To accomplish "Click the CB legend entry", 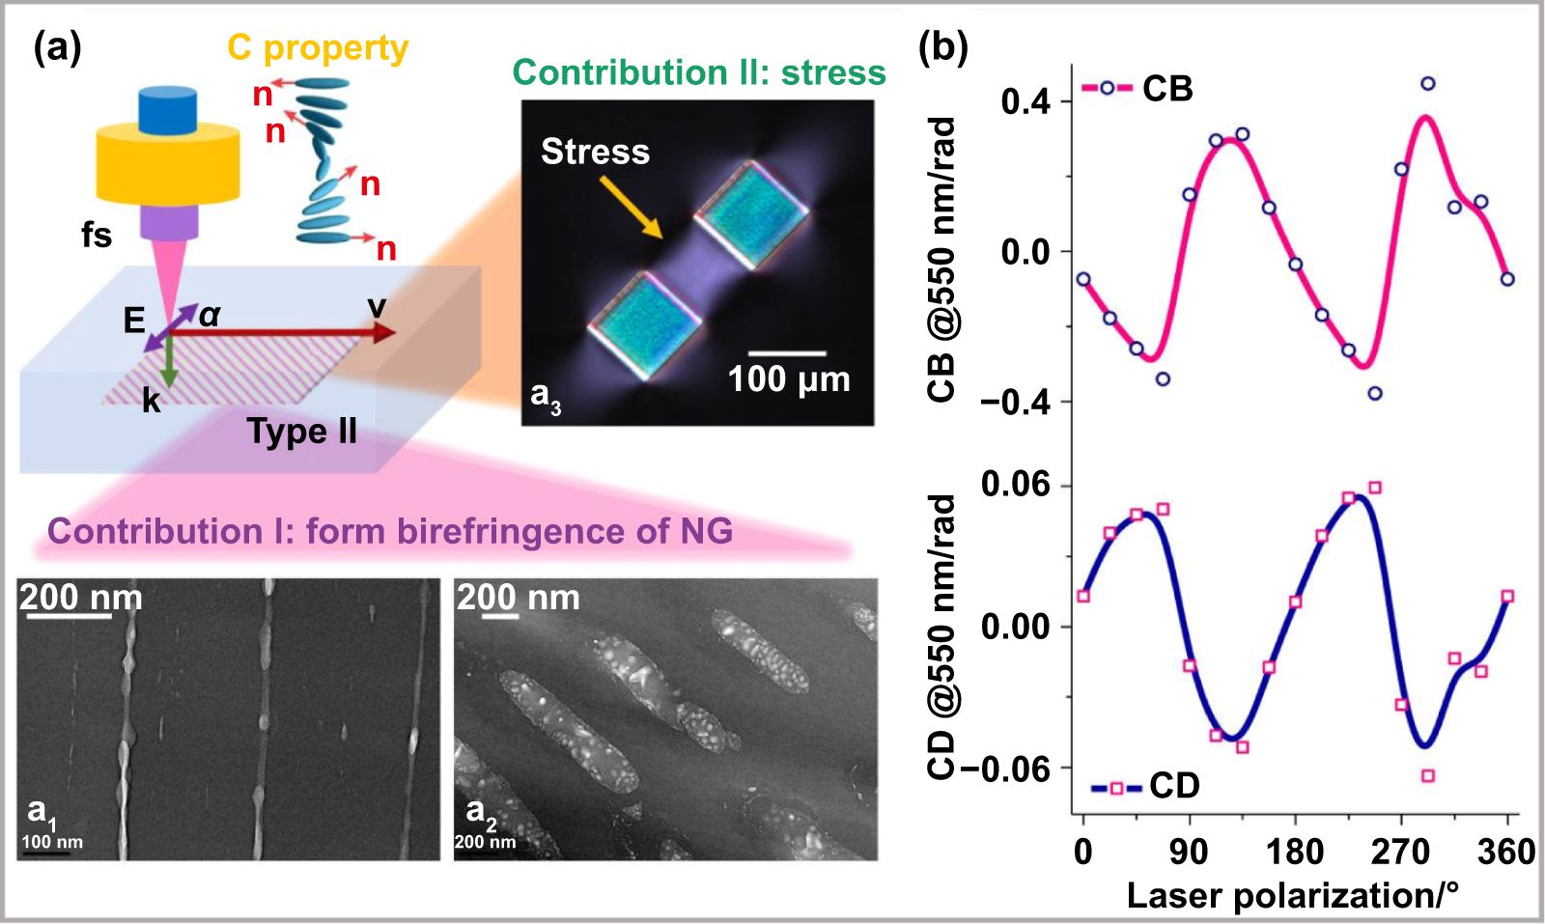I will click(x=1139, y=89).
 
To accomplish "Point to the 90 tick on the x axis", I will click(x=1189, y=852).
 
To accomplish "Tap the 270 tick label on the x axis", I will click(x=1400, y=852).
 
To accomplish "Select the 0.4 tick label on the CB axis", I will click(x=1025, y=100).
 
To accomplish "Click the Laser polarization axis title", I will click(x=1292, y=895).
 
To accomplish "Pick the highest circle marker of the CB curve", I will click(x=1427, y=84).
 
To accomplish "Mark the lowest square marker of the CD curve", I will click(x=1427, y=775).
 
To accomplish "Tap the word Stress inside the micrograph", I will click(x=595, y=152).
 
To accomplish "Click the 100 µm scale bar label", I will click(x=788, y=379).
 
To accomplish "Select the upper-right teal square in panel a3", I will click(x=751, y=214).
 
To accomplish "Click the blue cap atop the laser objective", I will click(x=167, y=109).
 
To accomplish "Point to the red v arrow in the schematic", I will click(x=290, y=332).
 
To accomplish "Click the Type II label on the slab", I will click(x=301, y=431).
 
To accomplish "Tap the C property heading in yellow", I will click(x=318, y=48).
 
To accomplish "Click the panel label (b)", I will click(x=943, y=46).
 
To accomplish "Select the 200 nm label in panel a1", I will click(x=80, y=597).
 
